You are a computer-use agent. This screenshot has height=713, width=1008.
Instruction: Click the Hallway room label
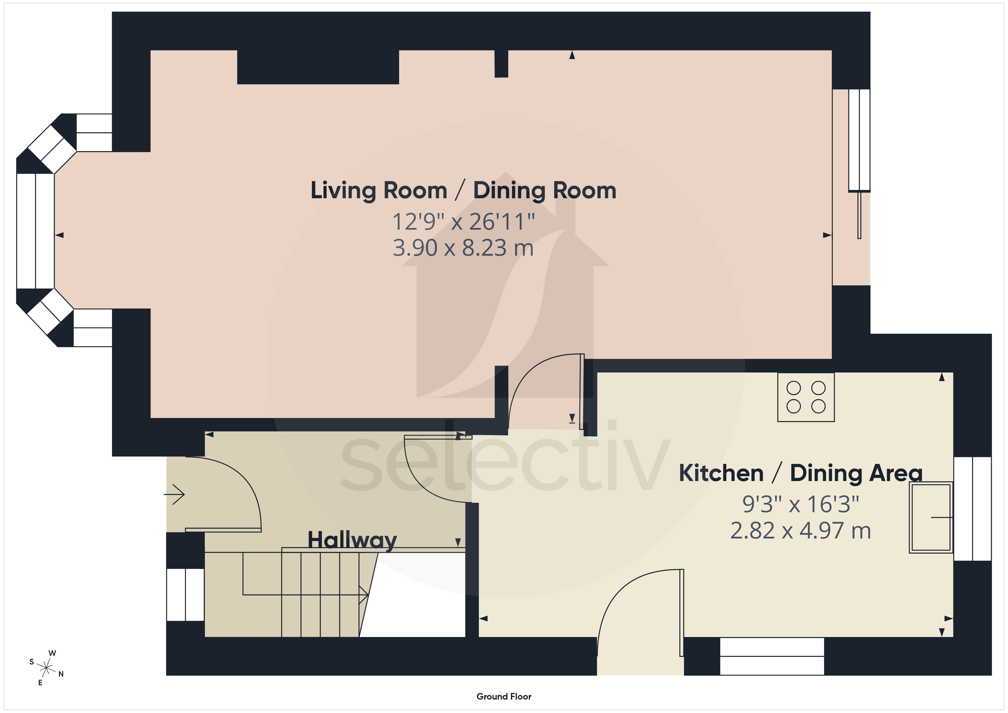(x=352, y=540)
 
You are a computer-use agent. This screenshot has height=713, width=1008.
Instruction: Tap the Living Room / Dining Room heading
(x=463, y=191)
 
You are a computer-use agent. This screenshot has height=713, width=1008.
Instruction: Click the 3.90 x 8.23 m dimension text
(x=463, y=248)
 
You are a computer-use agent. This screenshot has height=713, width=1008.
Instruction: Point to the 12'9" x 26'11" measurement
(x=463, y=221)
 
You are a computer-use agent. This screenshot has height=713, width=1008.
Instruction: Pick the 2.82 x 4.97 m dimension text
(x=800, y=530)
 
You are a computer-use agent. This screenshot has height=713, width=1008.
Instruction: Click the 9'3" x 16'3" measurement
(x=800, y=504)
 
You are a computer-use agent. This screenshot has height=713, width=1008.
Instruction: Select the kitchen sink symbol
(x=931, y=517)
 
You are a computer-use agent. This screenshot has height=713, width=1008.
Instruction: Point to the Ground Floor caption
(x=504, y=696)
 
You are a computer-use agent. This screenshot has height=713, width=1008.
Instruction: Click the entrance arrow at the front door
(x=174, y=494)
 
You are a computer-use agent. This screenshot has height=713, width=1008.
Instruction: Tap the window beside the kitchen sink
(x=973, y=509)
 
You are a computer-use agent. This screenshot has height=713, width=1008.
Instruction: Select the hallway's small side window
(x=185, y=594)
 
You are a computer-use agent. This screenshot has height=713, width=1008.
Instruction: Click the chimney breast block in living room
(x=318, y=67)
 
